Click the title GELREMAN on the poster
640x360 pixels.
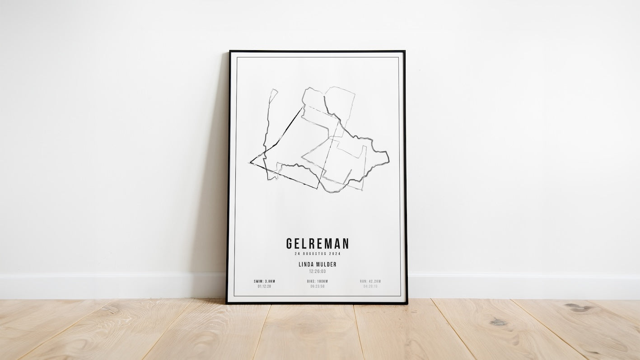317,244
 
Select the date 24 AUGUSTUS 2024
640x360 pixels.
317,254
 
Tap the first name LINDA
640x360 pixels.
307,265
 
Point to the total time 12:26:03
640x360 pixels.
317,271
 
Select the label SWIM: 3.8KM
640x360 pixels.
264,281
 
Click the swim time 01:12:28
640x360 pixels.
264,286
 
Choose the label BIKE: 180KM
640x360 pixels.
317,281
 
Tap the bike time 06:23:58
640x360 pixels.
317,286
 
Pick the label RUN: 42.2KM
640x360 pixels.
370,281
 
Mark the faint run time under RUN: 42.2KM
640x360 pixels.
370,286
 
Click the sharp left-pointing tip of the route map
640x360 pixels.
250,162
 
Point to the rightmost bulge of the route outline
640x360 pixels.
388,157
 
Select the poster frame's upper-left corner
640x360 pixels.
229,51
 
